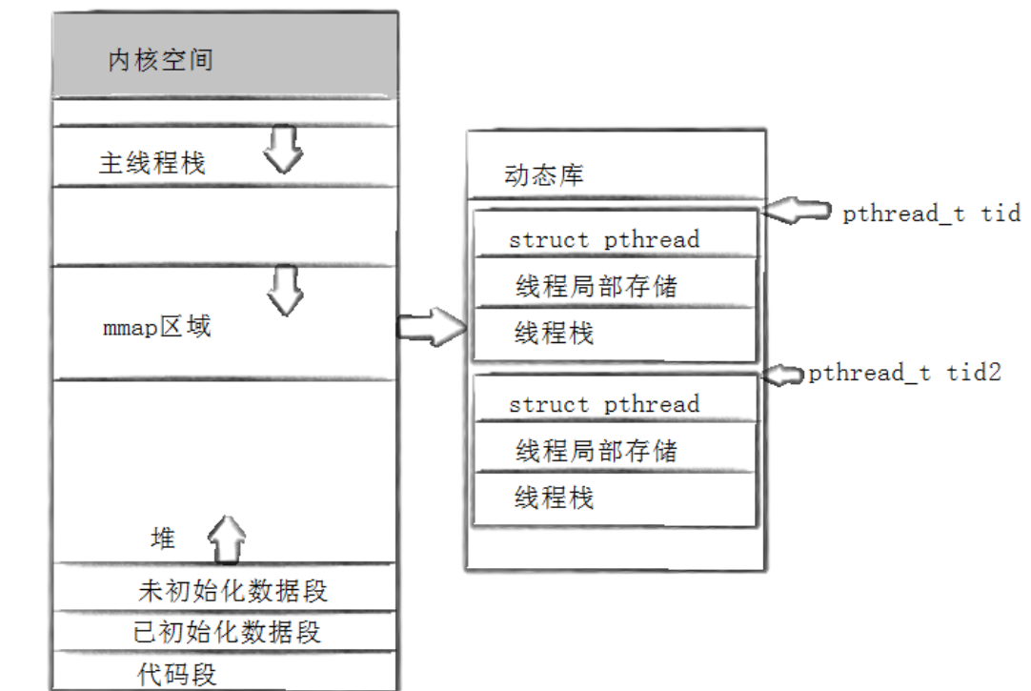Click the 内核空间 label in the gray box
tap(160, 62)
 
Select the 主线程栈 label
tap(152, 163)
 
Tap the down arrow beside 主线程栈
tap(283, 151)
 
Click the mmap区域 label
tap(157, 327)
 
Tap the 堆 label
tap(163, 539)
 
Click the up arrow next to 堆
tap(227, 540)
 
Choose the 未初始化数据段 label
tap(232, 591)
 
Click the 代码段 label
tap(177, 675)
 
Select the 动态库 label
tap(544, 175)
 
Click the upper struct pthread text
tap(604, 239)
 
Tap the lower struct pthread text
tap(604, 404)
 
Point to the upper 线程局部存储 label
tap(596, 286)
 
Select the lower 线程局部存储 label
tap(596, 450)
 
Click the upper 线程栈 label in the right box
tap(554, 333)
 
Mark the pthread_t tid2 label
tap(905, 374)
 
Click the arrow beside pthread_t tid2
tap(784, 375)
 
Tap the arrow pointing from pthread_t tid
tap(798, 211)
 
